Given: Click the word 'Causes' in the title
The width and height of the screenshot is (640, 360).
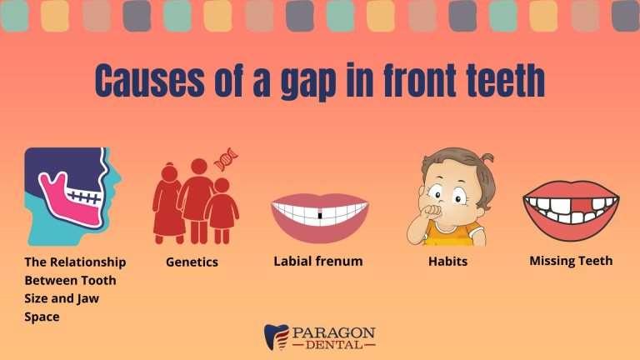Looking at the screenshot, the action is pyautogui.click(x=149, y=80).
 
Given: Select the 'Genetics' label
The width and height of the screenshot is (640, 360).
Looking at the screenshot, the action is pyautogui.click(x=192, y=262).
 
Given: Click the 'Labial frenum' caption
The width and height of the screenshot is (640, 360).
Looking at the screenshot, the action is pyautogui.click(x=318, y=261).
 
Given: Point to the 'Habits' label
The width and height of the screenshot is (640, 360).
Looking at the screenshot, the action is pyautogui.click(x=447, y=261).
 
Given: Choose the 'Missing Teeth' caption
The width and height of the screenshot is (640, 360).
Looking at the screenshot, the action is pyautogui.click(x=571, y=261).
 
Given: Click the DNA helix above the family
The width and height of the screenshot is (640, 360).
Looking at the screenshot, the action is pyautogui.click(x=226, y=159).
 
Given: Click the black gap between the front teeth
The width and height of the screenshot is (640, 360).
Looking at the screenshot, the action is pyautogui.click(x=320, y=215).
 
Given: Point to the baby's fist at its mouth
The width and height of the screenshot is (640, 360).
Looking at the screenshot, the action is pyautogui.click(x=432, y=212).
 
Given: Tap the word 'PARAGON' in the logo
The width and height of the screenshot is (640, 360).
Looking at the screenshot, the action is pyautogui.click(x=334, y=332).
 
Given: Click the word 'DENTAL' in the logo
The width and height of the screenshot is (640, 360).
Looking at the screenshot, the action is pyautogui.click(x=334, y=345).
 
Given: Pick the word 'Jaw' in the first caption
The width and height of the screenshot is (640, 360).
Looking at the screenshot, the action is pyautogui.click(x=88, y=299).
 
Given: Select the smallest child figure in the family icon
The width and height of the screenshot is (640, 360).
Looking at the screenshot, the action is pyautogui.click(x=222, y=210).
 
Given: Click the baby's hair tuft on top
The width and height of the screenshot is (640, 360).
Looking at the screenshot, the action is pyautogui.click(x=487, y=157).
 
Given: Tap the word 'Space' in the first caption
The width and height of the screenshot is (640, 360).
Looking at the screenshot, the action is pyautogui.click(x=42, y=317).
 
